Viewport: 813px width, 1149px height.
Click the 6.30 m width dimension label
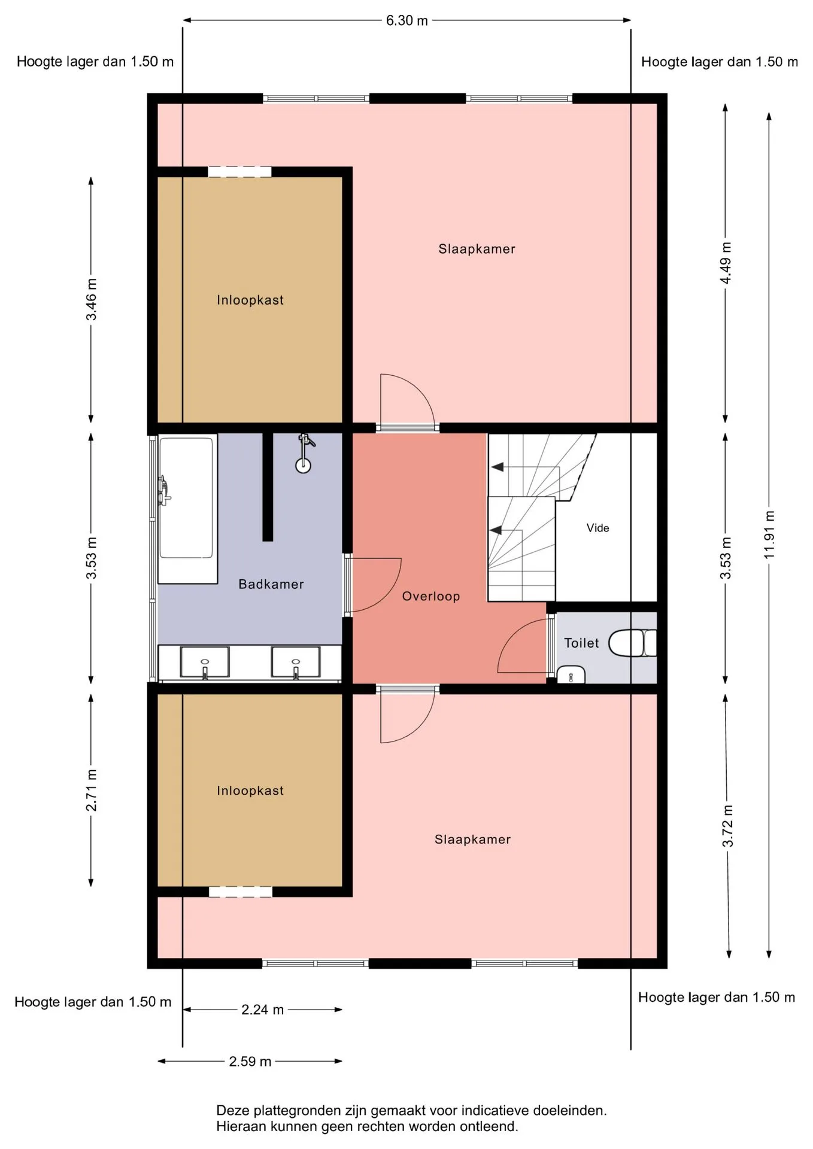point(406,20)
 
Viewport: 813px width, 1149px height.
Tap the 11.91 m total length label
point(769,535)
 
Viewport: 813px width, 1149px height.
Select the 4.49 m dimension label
point(726,263)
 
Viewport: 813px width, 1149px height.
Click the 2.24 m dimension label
point(262,1010)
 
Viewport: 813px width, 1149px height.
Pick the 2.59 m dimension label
point(250,1061)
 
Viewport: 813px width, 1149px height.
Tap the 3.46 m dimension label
point(91,299)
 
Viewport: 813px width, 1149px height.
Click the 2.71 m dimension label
point(91,791)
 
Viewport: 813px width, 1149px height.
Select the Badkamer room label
point(271,584)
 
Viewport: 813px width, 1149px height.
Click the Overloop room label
point(431,596)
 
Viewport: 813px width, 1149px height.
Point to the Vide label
point(597,528)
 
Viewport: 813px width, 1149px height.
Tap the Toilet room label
point(581,643)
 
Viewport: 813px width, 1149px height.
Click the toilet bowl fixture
point(632,643)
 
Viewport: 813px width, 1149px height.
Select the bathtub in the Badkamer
point(187,509)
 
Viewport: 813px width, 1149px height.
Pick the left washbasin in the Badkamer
point(205,662)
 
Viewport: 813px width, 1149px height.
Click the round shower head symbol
point(304,466)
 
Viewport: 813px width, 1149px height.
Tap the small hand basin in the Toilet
point(571,674)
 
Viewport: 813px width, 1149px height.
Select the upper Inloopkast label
point(250,300)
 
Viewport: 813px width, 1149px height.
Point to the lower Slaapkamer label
point(472,840)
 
